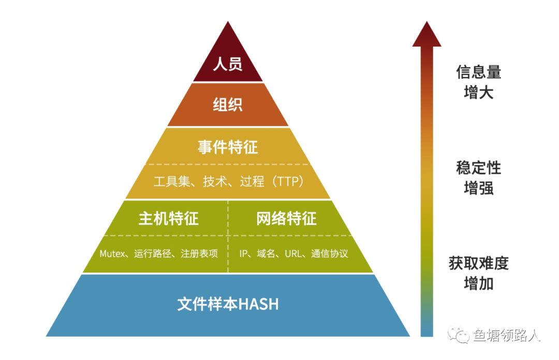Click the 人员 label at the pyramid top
coord(228,66)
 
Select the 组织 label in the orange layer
coord(228,105)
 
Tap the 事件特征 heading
coord(228,147)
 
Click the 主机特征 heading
coord(169,218)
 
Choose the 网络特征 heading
coord(286,218)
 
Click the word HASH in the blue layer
coord(258,304)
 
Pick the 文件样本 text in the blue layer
coord(207,304)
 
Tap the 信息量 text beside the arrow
coord(479,72)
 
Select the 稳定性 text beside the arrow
coord(479,168)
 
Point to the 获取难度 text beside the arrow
coord(479,264)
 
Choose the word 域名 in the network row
coord(266,254)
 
